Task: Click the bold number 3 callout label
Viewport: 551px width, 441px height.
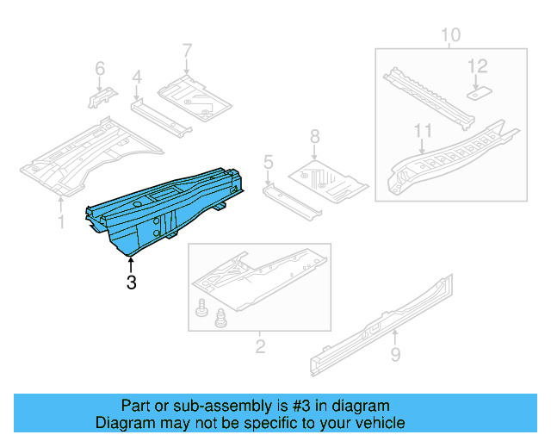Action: (x=131, y=282)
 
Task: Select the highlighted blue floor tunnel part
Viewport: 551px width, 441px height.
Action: (x=164, y=211)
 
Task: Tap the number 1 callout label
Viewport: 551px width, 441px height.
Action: (x=60, y=222)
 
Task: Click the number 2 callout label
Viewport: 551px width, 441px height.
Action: (x=260, y=347)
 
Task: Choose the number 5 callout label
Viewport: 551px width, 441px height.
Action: (x=268, y=161)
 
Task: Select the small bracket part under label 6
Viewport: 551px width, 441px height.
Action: (x=97, y=97)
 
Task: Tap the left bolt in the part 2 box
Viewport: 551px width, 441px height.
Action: (x=203, y=307)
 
